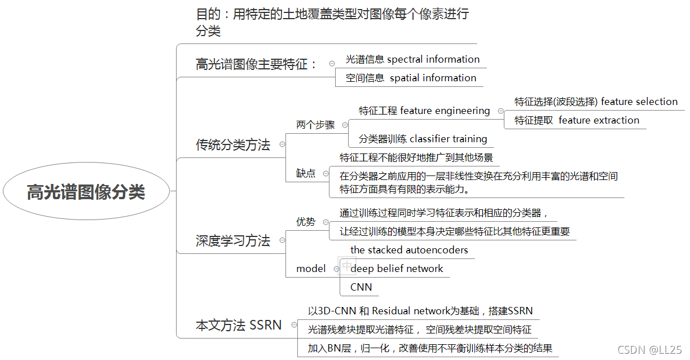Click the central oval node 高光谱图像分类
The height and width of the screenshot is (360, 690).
click(x=86, y=192)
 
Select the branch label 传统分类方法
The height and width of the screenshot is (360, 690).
click(x=233, y=145)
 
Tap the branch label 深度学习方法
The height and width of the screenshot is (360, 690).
click(x=233, y=241)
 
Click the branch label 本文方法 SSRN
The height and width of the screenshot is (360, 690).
click(x=239, y=325)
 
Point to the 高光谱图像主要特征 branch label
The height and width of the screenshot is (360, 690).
click(x=257, y=64)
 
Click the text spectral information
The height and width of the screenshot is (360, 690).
click(x=433, y=59)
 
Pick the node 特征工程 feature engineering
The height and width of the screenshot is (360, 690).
click(x=424, y=111)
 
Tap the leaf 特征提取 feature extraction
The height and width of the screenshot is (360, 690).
click(x=577, y=120)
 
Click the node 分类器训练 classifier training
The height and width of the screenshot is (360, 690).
click(x=423, y=139)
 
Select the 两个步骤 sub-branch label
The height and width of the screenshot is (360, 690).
click(x=315, y=125)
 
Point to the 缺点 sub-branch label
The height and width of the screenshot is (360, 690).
click(x=306, y=174)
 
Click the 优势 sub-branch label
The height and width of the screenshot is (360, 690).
click(x=306, y=222)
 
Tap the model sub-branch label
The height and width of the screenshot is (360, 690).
click(x=311, y=269)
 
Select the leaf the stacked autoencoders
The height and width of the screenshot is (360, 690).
click(x=409, y=249)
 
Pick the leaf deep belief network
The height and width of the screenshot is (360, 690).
click(x=397, y=269)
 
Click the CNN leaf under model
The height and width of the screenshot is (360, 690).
click(x=361, y=287)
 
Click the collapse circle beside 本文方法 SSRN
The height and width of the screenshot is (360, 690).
click(x=293, y=325)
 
